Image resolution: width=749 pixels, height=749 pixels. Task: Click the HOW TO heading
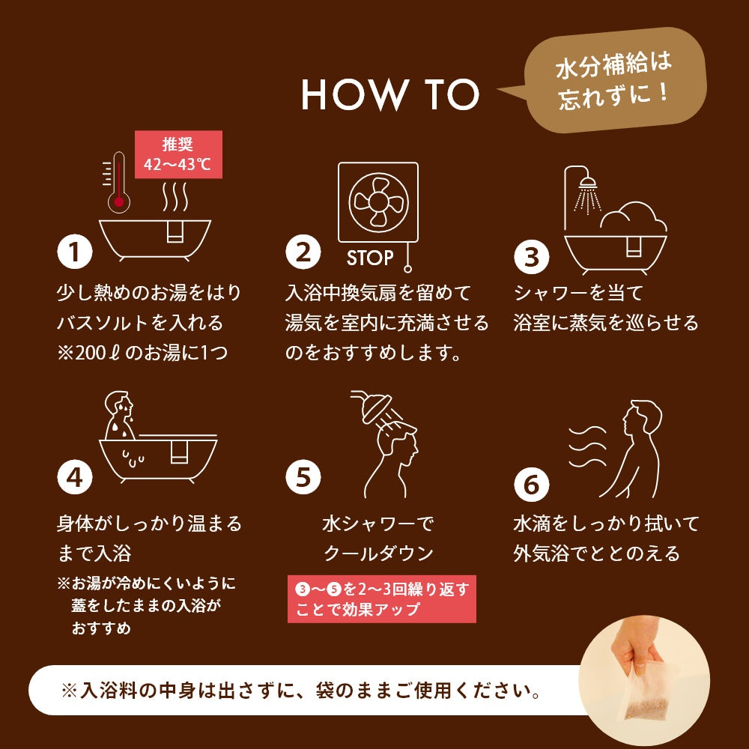(389, 94)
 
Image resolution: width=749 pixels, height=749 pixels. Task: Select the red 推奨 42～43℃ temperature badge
(178, 154)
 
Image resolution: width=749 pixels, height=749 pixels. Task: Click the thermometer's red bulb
(118, 202)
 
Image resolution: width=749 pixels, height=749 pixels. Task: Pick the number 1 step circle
(74, 252)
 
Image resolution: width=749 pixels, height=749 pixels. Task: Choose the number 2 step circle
(303, 252)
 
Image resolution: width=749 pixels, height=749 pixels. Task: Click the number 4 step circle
(74, 476)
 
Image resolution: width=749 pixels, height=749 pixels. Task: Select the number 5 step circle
(303, 476)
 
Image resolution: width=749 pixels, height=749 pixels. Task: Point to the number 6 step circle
(531, 485)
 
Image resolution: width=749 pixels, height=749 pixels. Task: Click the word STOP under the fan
(370, 258)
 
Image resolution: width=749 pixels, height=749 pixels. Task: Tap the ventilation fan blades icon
(378, 202)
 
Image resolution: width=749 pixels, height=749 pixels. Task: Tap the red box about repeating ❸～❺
(382, 599)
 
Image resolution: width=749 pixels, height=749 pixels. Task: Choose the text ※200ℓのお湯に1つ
(142, 353)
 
